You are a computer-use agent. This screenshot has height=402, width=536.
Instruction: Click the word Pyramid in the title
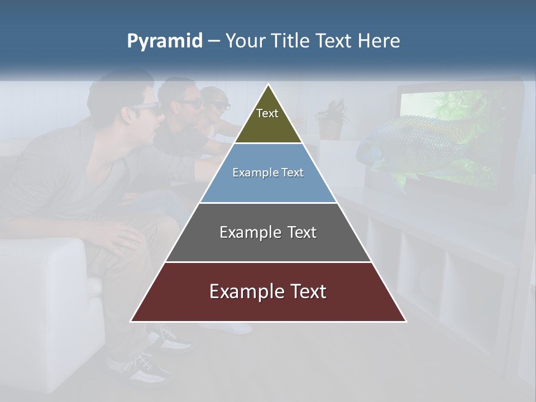[164, 41]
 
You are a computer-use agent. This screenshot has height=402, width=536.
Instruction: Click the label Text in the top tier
[267, 113]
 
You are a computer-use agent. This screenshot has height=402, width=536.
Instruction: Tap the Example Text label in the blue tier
[268, 173]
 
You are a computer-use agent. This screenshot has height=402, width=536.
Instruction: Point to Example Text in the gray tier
[268, 232]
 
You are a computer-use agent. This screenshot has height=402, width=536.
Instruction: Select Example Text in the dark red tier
[268, 291]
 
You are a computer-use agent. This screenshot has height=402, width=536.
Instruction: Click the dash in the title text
[214, 41]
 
